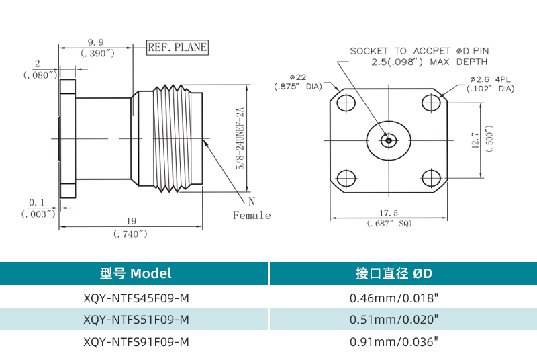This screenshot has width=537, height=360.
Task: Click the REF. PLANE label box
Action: click(x=177, y=47)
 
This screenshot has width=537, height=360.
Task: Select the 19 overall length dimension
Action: click(x=131, y=221)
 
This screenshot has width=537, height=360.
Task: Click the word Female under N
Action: click(x=252, y=216)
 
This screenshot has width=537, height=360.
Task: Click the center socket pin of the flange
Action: click(x=388, y=140)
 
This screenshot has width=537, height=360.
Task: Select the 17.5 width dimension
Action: click(x=388, y=213)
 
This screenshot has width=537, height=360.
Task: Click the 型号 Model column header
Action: click(x=136, y=273)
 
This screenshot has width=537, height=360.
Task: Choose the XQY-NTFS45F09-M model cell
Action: click(x=136, y=297)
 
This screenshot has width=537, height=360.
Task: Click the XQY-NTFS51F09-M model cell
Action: click(x=136, y=319)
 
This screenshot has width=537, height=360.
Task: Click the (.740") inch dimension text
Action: click(x=131, y=234)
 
